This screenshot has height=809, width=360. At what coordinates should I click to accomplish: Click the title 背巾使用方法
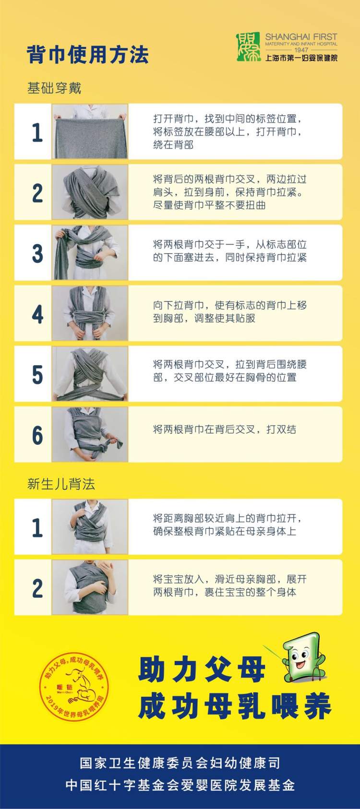(x=87, y=55)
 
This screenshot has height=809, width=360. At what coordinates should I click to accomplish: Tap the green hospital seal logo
(x=248, y=47)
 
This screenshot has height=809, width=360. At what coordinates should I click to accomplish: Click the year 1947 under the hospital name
(x=301, y=50)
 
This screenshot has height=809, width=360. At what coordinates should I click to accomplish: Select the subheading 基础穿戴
(x=54, y=88)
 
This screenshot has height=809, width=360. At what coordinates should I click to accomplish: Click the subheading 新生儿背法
(x=61, y=484)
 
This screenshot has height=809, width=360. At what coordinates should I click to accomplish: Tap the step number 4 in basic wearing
(x=37, y=314)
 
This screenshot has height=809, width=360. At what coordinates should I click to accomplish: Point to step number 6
(x=37, y=435)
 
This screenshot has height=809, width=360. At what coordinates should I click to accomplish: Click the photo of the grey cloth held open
(x=90, y=131)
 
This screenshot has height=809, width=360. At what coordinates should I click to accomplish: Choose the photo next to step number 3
(x=90, y=252)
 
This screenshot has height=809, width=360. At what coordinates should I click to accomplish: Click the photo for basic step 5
(x=90, y=373)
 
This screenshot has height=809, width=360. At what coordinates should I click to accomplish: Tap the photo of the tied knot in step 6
(x=90, y=434)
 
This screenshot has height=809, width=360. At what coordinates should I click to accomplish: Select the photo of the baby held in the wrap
(x=90, y=587)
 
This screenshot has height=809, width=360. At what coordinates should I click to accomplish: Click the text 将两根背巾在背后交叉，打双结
(x=225, y=429)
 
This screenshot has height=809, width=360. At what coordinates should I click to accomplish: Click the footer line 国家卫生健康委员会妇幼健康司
(x=180, y=763)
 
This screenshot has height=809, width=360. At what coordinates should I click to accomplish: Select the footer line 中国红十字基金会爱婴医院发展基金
(x=180, y=785)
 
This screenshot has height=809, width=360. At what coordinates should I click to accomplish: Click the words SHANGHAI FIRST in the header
(x=301, y=37)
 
